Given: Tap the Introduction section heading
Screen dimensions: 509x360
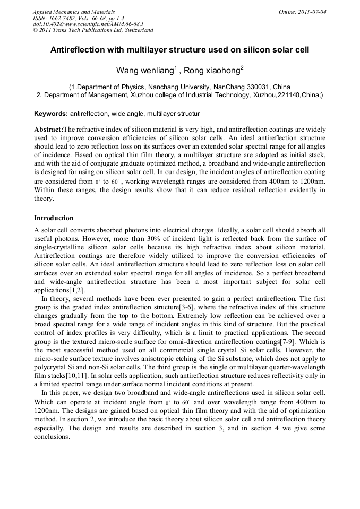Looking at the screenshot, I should coord(54,218).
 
